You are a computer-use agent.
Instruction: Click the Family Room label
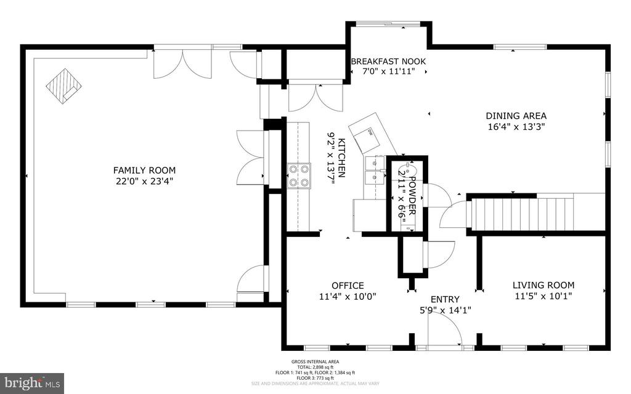pyautogui.click(x=144, y=171)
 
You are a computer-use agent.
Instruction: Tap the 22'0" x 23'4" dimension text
pyautogui.click(x=144, y=181)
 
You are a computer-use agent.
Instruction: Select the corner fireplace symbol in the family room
pyautogui.click(x=63, y=86)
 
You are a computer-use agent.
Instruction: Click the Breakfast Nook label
pyautogui.click(x=388, y=62)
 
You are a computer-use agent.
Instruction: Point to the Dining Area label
pyautogui.click(x=516, y=116)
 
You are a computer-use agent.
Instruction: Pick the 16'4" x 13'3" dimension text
pyautogui.click(x=516, y=127)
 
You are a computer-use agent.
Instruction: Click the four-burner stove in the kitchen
pyautogui.click(x=299, y=174)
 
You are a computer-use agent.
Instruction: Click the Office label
pyautogui.click(x=348, y=286)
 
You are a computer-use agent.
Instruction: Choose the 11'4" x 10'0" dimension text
pyautogui.click(x=348, y=296)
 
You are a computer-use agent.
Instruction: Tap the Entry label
pyautogui.click(x=444, y=299)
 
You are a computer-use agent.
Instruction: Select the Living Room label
pyautogui.click(x=543, y=285)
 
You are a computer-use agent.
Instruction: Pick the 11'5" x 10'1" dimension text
pyautogui.click(x=543, y=295)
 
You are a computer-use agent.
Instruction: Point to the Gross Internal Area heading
pyautogui.click(x=315, y=362)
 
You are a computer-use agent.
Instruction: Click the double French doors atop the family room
pyautogui.click(x=182, y=63)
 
